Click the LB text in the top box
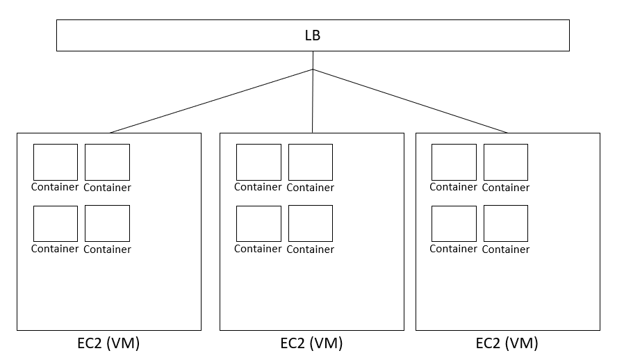tap(313, 35)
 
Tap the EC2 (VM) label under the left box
tap(108, 343)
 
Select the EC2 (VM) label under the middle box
tap(311, 343)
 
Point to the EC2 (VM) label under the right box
tap(507, 343)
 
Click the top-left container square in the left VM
tap(56, 162)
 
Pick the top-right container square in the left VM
tap(107, 162)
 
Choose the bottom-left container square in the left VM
tap(56, 223)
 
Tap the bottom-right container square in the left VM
tap(107, 223)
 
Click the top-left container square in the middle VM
tap(258, 162)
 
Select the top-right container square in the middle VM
tap(310, 162)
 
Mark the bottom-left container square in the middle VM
tap(258, 223)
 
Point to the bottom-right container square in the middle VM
tap(310, 223)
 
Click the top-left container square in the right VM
tap(454, 162)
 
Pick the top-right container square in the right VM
tap(506, 162)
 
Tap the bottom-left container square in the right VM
tap(454, 223)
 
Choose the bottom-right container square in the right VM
tap(506, 223)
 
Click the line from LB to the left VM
tap(211, 101)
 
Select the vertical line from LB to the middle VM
tap(313, 101)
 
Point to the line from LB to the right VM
tap(410, 101)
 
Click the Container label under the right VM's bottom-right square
tap(506, 249)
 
